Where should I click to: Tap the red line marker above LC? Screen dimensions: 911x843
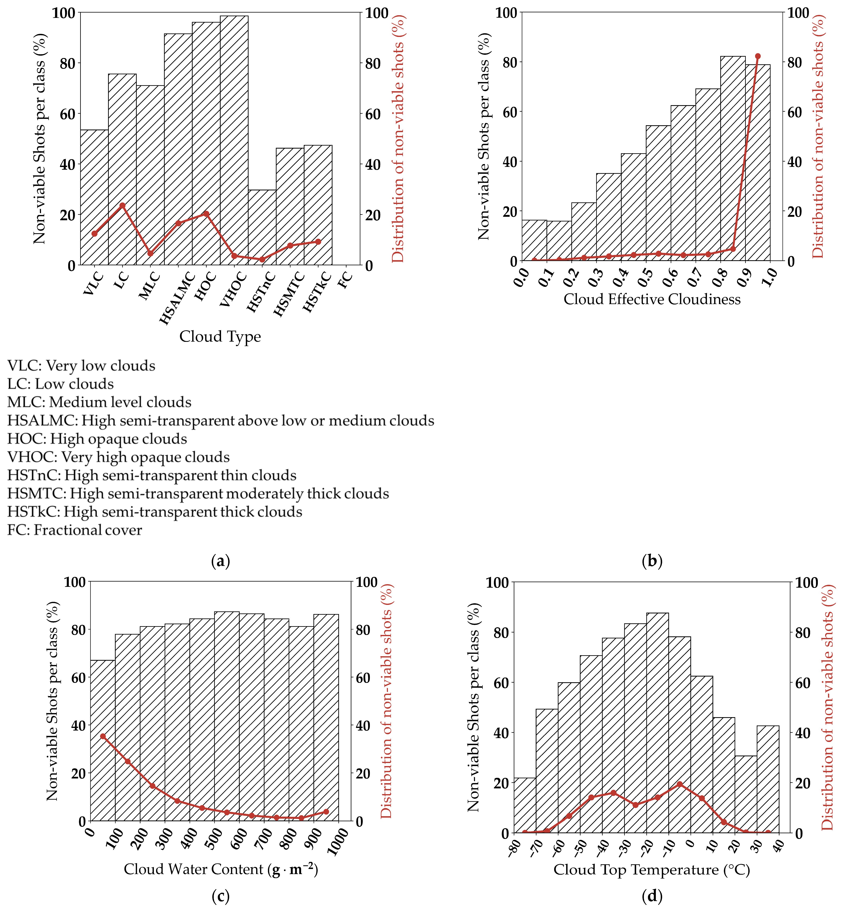click(122, 205)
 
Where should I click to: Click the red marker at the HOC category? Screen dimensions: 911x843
click(206, 214)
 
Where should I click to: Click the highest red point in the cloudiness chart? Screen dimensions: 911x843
click(758, 56)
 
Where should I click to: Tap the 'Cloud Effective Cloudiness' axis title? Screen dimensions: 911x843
click(652, 299)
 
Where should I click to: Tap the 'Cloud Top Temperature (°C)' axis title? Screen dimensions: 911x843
click(651, 869)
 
